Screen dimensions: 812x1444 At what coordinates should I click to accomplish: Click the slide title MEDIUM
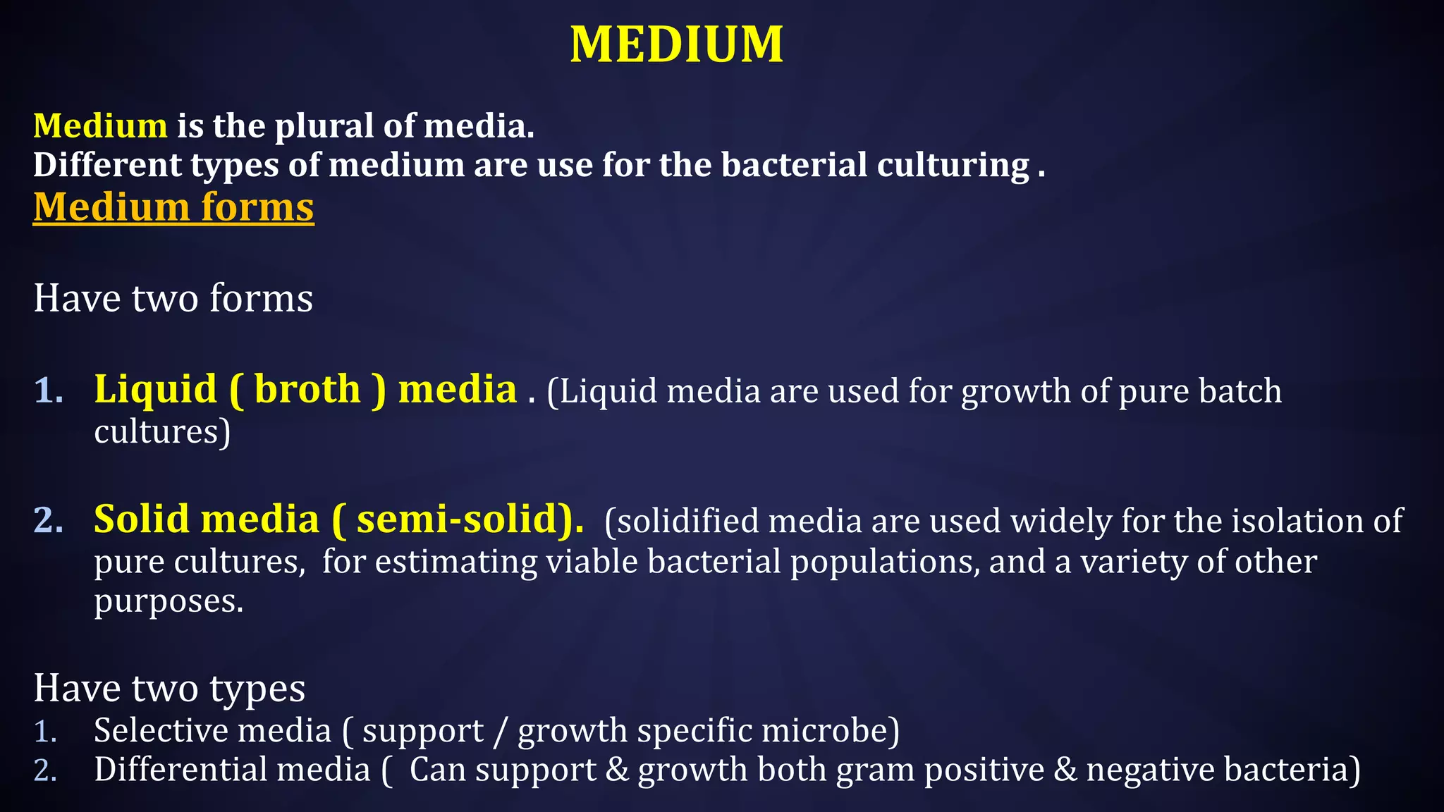676,44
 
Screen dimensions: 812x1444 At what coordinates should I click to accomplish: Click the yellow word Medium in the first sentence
100,125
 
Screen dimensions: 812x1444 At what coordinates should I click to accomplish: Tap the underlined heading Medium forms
173,207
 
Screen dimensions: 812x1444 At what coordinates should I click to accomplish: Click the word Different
107,165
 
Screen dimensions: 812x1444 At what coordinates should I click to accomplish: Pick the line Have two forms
173,298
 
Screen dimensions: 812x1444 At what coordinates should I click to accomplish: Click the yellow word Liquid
155,390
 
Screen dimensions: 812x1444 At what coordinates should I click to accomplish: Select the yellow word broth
307,390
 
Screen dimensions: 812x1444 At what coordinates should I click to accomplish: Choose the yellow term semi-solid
458,519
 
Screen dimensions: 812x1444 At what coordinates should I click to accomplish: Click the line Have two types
169,688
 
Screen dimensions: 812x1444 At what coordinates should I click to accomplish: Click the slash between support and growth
500,731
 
